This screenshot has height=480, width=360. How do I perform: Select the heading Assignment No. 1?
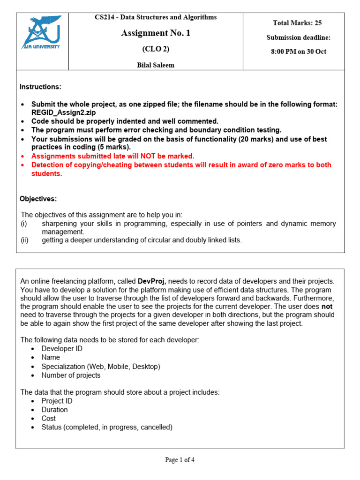(x=156, y=33)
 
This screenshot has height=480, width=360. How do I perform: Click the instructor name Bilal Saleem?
(x=156, y=65)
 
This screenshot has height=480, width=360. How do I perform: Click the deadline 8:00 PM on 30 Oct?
(x=299, y=52)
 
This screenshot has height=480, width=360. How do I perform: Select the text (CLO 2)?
(x=156, y=49)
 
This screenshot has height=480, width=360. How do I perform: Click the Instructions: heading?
(x=40, y=87)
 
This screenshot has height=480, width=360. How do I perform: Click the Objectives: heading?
(x=38, y=199)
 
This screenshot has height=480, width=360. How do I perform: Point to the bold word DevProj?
(x=152, y=281)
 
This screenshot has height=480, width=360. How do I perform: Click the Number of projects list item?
(x=71, y=375)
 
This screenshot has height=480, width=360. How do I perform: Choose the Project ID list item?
(x=57, y=401)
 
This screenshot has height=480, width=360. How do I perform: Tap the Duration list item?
(x=54, y=410)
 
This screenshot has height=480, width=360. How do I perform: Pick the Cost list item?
(x=48, y=418)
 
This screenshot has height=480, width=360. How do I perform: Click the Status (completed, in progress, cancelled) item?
(x=107, y=427)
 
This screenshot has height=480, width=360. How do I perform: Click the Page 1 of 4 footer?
(x=180, y=460)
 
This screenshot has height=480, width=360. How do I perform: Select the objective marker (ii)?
(x=24, y=240)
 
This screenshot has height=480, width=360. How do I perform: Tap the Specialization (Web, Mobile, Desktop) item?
(x=100, y=366)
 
